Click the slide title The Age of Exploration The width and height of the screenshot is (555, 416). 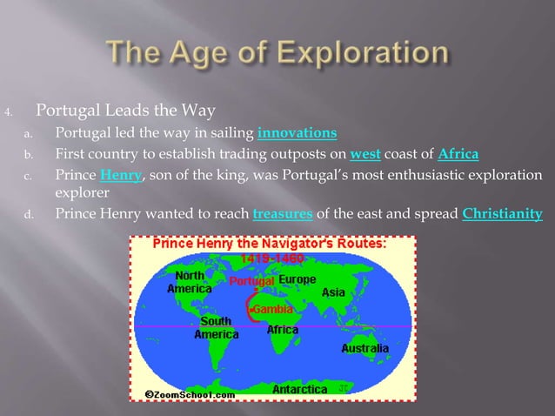(x=277, y=53)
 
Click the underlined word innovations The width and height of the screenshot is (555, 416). (x=298, y=133)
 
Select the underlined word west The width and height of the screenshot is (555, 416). (x=364, y=155)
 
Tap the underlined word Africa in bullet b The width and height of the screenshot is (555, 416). (x=458, y=155)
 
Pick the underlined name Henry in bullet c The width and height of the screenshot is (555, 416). (x=119, y=177)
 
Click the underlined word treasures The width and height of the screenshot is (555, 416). (x=282, y=214)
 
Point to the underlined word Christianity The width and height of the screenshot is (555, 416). (x=503, y=214)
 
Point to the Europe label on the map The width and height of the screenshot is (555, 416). (x=298, y=280)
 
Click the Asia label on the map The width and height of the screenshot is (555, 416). (x=333, y=293)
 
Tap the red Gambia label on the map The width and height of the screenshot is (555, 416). (x=271, y=309)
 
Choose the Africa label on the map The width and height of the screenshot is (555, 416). (x=282, y=330)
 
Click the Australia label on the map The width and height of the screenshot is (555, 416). (x=364, y=348)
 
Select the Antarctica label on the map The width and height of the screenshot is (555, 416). (x=299, y=389)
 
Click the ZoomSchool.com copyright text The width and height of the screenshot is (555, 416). (x=190, y=393)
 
